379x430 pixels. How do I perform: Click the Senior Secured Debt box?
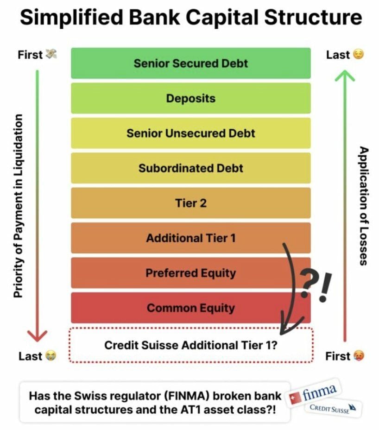point(190,63)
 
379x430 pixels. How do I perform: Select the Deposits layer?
point(190,98)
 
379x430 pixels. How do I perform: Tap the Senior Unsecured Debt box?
point(190,133)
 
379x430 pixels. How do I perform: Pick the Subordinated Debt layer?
point(190,168)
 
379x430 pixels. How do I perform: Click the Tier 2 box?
point(190,203)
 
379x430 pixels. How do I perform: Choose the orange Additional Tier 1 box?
point(190,238)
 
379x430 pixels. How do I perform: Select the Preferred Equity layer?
point(190,273)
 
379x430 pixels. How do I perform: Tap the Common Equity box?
point(190,308)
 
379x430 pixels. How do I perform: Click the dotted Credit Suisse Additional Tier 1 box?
point(190,345)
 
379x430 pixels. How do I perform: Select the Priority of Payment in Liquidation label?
point(18,206)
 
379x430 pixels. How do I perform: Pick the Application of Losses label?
point(364,206)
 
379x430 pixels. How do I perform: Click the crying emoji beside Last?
point(50,356)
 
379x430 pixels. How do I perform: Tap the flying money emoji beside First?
point(51,55)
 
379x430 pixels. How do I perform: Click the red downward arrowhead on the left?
point(37,336)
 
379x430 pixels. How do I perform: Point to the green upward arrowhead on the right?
point(344,75)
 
